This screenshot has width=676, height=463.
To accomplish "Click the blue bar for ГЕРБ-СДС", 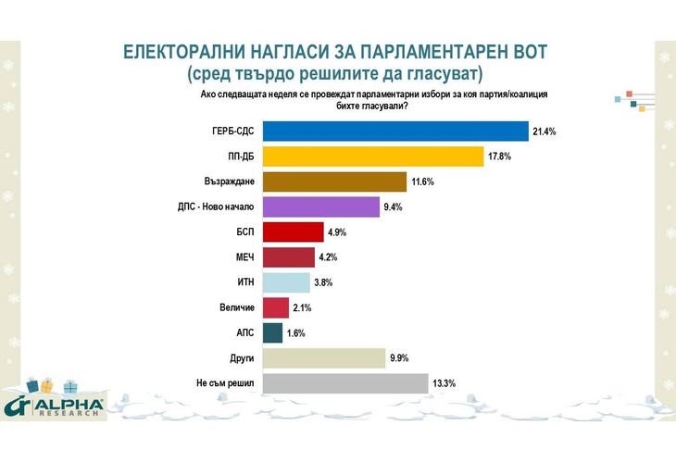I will [x=395, y=131].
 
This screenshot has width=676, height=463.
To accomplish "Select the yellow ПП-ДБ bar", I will [x=374, y=156].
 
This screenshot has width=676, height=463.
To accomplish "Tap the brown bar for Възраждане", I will [x=335, y=181].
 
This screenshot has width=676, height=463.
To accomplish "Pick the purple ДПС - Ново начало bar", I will [x=321, y=206].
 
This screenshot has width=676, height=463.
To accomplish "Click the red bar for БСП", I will [x=294, y=231].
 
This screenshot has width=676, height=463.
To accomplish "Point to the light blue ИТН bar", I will [x=286, y=282].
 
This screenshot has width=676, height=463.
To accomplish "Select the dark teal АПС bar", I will [x=273, y=332].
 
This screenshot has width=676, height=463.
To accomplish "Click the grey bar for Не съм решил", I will [x=345, y=382].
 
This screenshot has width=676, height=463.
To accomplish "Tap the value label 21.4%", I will [x=544, y=132].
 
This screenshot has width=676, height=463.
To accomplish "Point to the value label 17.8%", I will [x=499, y=157].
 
